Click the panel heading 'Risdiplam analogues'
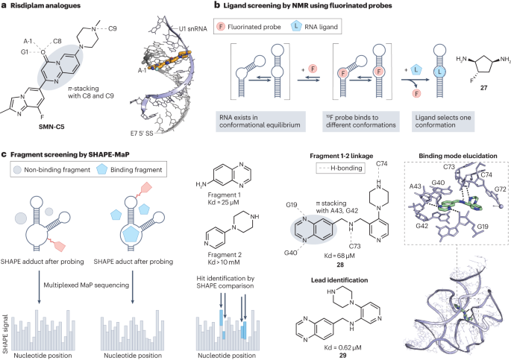46,7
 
